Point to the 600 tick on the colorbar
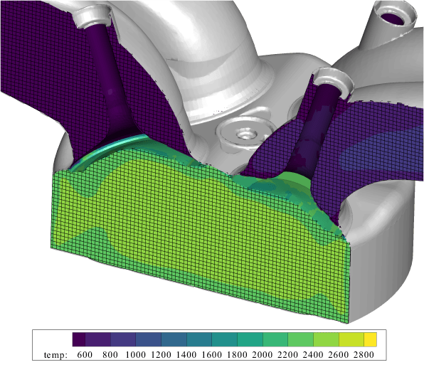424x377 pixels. pos(85,354)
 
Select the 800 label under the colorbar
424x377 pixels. pos(110,354)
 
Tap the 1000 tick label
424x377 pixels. pos(136,354)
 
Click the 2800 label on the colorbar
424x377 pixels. pos(365,354)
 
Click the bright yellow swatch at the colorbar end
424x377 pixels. pos(371,339)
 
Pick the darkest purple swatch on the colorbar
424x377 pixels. pos(79,339)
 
